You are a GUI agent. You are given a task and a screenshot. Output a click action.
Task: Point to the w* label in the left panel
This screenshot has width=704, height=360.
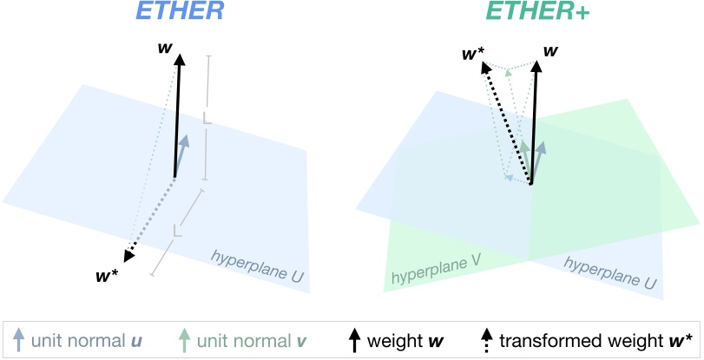pos(107,276)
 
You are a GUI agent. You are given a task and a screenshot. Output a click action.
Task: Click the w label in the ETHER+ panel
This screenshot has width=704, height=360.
pos(549,51)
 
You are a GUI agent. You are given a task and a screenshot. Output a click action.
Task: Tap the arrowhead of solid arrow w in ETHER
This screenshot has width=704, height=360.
pos(180,59)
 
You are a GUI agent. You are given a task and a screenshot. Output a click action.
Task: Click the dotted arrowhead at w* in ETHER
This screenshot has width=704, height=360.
pos(128,255)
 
